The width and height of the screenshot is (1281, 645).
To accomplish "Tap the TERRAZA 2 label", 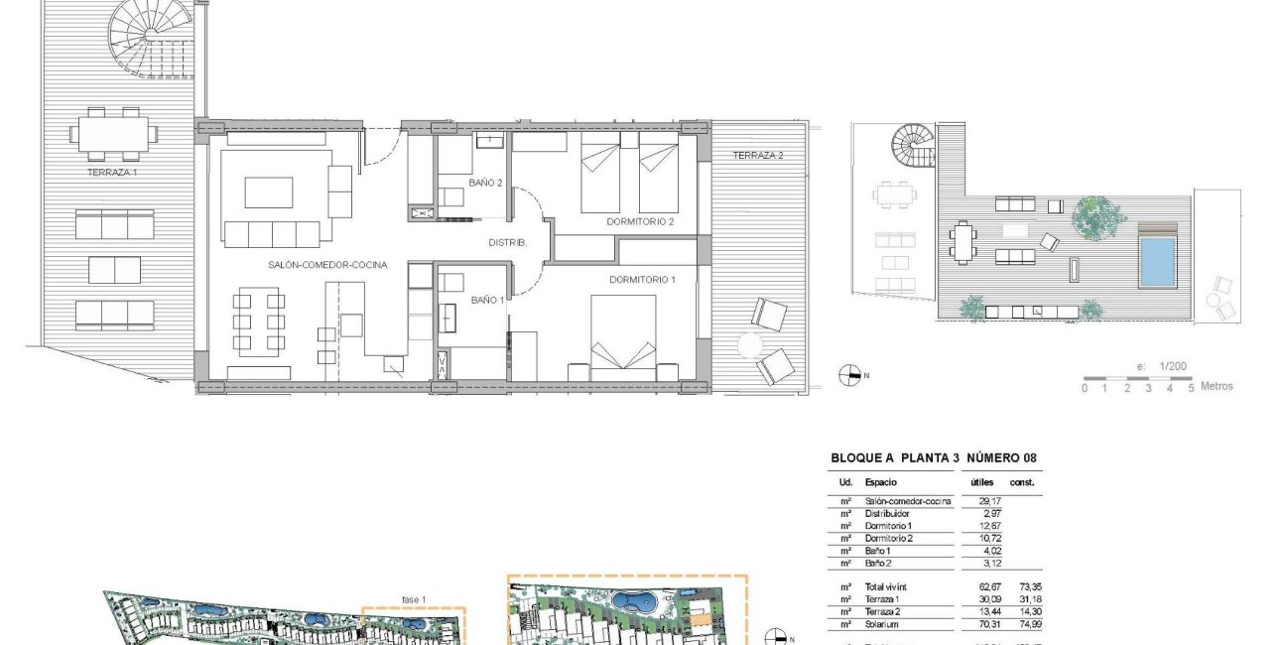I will (758, 155).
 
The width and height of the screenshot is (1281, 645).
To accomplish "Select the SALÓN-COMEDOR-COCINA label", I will (326, 265).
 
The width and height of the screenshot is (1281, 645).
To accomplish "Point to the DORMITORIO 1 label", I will (642, 281).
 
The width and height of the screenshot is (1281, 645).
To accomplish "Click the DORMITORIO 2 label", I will (640, 221).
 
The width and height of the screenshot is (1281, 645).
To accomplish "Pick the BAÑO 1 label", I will (487, 299).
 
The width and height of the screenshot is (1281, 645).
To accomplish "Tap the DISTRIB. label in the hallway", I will (507, 243).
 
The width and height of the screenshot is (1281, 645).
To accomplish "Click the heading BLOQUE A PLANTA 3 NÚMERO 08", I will (935, 457).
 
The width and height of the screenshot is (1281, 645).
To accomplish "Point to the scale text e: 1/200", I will (1162, 366).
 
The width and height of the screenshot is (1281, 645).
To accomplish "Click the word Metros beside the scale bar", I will (1217, 386).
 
